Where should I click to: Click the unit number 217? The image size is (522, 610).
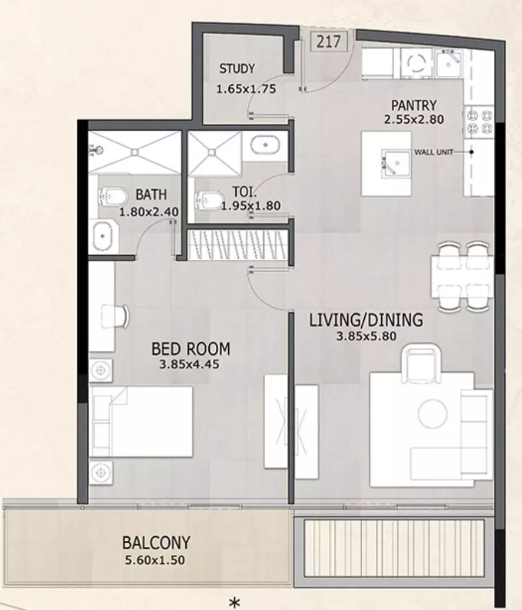click(x=328, y=42)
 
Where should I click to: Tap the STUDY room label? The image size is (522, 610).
click(x=237, y=69)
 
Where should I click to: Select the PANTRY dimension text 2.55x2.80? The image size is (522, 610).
click(x=414, y=119)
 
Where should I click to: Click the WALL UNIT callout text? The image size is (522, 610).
click(x=433, y=152)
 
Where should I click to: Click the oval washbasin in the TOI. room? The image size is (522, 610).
click(x=265, y=145)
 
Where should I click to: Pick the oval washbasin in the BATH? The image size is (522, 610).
click(x=102, y=236)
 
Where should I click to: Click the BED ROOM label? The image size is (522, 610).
click(x=191, y=349)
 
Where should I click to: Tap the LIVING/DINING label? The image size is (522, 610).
click(x=366, y=320)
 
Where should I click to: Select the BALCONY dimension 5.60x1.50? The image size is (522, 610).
click(x=155, y=560)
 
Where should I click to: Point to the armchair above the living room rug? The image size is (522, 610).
click(x=423, y=363)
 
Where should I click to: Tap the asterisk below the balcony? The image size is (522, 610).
click(x=234, y=602)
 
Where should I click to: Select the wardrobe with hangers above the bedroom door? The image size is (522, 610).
click(x=238, y=245)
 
